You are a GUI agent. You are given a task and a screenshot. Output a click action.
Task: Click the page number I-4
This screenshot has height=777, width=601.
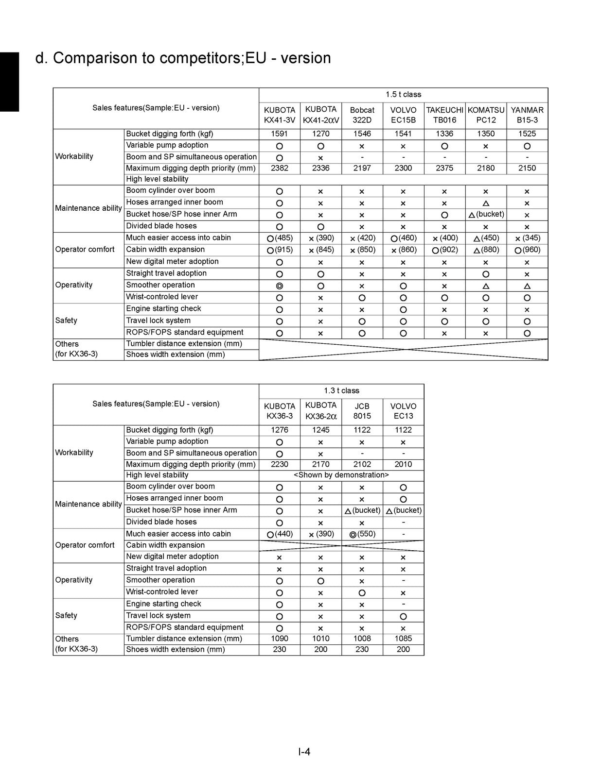tap(304, 752)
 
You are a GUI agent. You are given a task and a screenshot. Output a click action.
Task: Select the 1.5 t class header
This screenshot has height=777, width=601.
tap(403, 94)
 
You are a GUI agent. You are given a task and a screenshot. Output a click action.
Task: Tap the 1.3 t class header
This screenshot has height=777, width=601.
tap(341, 390)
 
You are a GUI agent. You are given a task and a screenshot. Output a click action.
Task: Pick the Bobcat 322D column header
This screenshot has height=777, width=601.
tap(362, 115)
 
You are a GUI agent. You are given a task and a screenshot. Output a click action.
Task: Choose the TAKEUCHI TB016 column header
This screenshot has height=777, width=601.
tap(444, 115)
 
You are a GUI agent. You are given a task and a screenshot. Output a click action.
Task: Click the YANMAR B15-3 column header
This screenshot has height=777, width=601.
tap(527, 115)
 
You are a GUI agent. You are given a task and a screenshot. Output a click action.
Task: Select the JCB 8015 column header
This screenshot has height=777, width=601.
tap(362, 411)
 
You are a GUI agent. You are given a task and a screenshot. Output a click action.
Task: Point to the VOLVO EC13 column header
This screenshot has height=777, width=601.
tap(403, 411)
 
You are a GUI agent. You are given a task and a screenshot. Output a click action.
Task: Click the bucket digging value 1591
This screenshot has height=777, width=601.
tap(279, 134)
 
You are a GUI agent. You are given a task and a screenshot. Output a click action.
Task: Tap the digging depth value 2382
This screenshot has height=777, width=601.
tap(279, 168)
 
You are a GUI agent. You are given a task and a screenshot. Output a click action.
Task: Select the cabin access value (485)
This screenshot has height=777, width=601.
tap(283, 238)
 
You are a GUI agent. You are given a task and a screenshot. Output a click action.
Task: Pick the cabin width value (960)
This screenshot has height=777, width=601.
tap(531, 250)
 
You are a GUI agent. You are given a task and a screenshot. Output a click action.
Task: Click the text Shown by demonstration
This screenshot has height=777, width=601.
tap(341, 475)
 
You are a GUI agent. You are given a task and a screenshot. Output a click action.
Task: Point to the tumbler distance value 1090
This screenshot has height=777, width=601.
tap(279, 639)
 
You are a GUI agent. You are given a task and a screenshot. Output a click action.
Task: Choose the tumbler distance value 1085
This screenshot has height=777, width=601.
tap(403, 639)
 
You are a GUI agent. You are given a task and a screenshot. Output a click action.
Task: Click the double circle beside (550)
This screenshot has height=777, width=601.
tap(353, 535)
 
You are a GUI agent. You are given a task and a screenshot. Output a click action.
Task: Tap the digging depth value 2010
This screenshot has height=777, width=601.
tap(403, 464)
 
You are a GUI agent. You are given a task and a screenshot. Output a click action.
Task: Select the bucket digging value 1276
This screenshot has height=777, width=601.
tap(279, 430)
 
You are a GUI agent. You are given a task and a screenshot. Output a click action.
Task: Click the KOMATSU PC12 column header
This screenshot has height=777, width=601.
tap(486, 115)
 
